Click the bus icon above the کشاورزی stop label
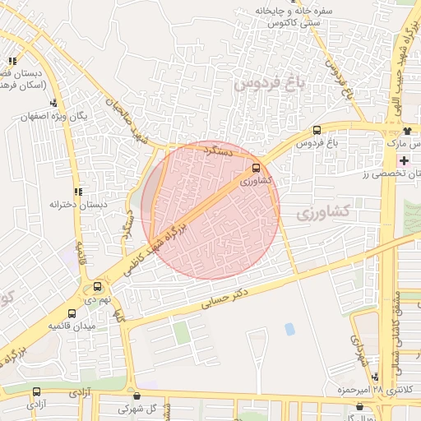[x=254, y=168]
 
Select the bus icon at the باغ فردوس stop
[x=317, y=130]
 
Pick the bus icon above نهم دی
[x=98, y=287]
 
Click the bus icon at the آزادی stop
[x=35, y=392]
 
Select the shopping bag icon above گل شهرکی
[x=136, y=394]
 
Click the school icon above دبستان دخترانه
[x=78, y=192]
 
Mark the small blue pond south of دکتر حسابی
[x=289, y=330]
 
